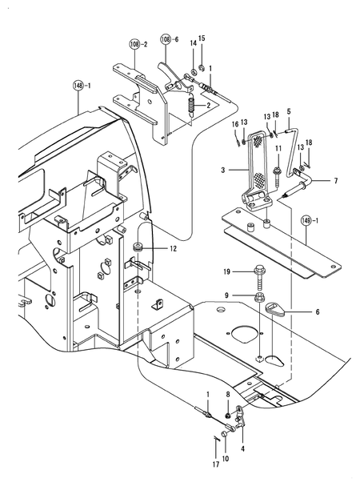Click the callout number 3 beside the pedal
223,170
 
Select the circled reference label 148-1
82,85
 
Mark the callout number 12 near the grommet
172,250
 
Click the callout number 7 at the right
335,182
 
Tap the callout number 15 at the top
202,38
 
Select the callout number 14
192,42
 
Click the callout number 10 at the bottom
224,458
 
